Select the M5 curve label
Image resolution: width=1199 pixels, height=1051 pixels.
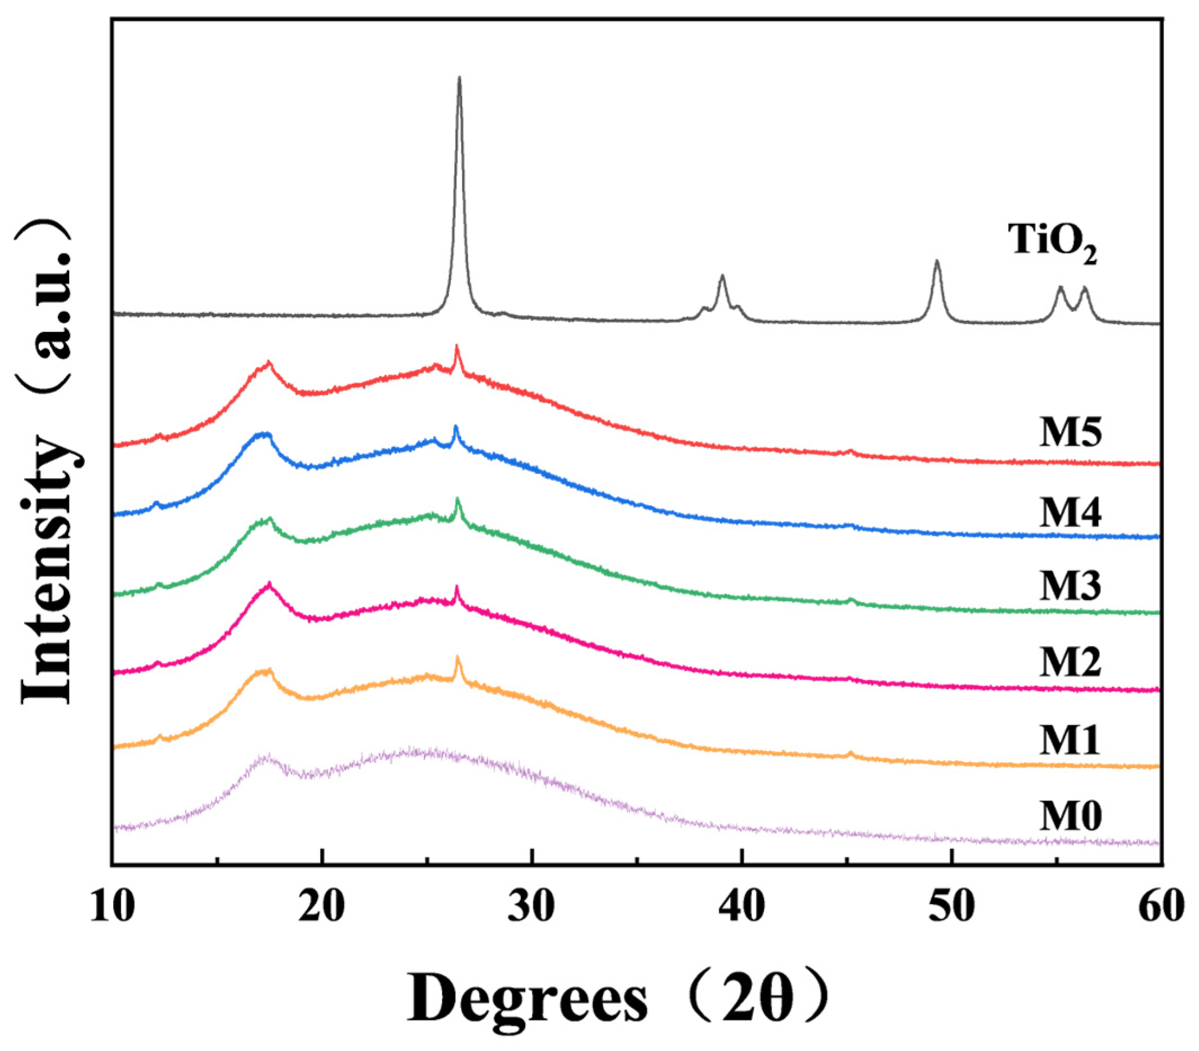tap(1071, 434)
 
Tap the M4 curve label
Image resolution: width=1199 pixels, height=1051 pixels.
tap(1071, 513)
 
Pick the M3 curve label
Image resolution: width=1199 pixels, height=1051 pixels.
tap(1071, 586)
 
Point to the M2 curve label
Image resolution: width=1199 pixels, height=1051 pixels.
tap(1071, 662)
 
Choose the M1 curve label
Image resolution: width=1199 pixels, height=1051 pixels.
tap(1071, 740)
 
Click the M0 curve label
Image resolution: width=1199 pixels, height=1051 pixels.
tap(1071, 816)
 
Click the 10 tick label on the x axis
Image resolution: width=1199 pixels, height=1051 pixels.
tap(113, 908)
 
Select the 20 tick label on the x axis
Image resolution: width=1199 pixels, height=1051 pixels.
tap(322, 908)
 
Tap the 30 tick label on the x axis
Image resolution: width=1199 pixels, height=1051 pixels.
tap(532, 908)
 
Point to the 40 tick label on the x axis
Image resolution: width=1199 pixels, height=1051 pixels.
tap(742, 908)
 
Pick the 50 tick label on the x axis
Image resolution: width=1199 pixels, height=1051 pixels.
tap(951, 908)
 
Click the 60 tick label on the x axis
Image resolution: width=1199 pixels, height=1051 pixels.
tap(1160, 908)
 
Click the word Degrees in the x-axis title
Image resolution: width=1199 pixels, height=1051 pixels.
tap(528, 999)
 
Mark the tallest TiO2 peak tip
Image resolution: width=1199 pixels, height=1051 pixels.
tap(459, 78)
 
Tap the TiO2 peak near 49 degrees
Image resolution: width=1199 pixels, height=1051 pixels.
tap(937, 261)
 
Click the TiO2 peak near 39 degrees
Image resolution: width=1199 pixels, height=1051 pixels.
tap(722, 276)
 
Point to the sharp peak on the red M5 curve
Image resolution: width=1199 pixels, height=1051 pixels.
tap(457, 348)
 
